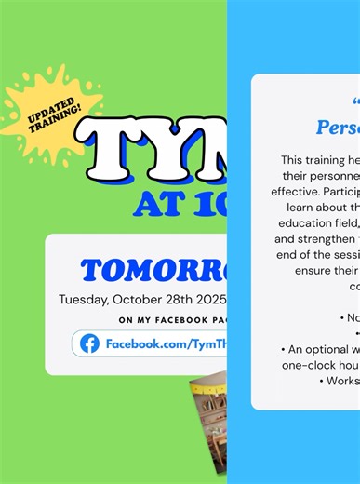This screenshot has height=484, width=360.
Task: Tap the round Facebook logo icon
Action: tap(89, 343)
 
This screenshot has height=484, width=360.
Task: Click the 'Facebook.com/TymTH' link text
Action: tap(166, 344)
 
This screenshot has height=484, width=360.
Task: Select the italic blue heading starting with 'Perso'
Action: tap(338, 127)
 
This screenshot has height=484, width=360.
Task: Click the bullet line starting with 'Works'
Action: tap(339, 381)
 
